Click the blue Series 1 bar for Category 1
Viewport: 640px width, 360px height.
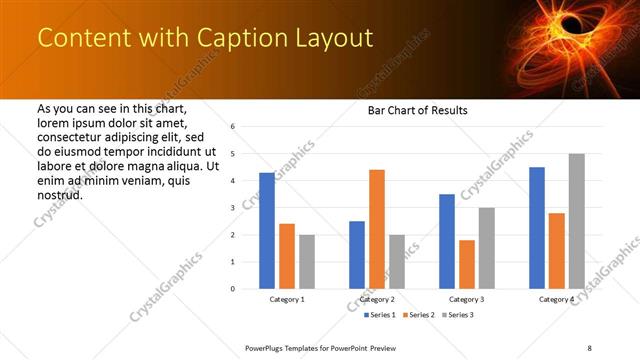(267, 231)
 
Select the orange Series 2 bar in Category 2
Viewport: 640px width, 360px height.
(376, 229)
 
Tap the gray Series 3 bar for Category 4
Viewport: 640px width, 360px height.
(576, 221)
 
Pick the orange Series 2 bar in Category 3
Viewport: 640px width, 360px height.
(466, 264)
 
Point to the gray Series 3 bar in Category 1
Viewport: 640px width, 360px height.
(306, 262)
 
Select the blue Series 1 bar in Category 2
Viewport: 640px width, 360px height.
(357, 255)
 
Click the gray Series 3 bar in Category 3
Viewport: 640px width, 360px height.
(486, 248)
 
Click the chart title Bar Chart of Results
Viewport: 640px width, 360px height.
(411, 110)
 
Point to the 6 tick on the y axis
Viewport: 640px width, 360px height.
(232, 127)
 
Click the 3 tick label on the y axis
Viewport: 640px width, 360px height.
(232, 208)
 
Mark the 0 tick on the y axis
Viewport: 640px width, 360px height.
(232, 289)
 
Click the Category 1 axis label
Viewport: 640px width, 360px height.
(287, 300)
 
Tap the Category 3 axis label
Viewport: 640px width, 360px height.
(466, 300)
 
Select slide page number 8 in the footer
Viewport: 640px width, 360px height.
(589, 347)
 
